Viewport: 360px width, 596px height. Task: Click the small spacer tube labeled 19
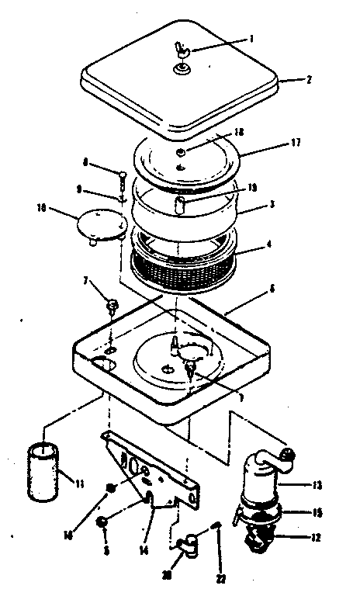point(180,204)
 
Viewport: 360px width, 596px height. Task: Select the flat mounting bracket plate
point(151,470)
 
